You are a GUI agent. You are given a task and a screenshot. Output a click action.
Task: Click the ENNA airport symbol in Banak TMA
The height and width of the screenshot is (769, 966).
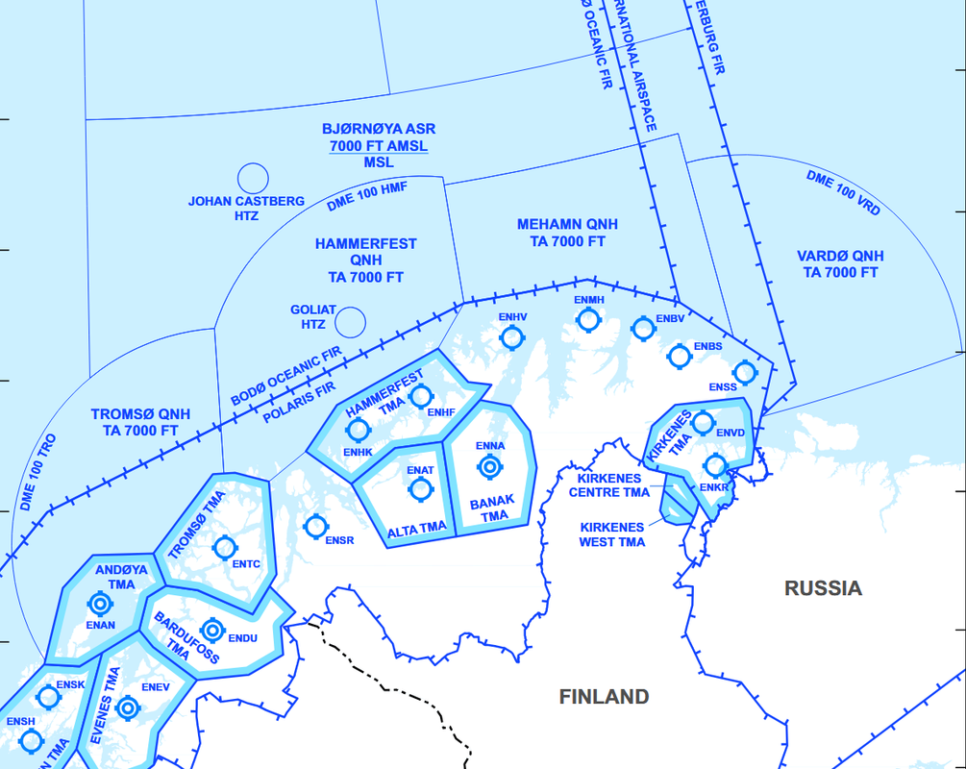(490, 467)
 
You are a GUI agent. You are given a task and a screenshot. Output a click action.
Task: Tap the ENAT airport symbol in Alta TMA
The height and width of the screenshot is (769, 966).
(420, 489)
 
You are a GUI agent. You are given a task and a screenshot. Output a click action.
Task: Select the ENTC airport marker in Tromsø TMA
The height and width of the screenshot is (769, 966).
(225, 547)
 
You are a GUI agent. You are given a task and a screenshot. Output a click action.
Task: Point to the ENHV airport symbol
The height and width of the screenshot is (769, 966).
(512, 336)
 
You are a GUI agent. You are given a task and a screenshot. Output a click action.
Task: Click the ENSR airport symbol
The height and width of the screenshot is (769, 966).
(315, 527)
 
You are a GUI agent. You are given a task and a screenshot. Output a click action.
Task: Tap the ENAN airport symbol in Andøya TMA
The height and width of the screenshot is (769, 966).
(100, 604)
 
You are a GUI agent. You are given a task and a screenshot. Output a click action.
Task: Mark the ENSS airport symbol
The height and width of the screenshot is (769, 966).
(744, 372)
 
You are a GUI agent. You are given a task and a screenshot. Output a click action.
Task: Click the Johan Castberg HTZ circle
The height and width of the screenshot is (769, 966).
(252, 178)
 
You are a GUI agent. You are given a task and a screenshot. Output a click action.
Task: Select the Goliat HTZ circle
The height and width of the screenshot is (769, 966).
(351, 322)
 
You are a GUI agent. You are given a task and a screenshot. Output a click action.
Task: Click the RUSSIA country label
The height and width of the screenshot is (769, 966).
(823, 588)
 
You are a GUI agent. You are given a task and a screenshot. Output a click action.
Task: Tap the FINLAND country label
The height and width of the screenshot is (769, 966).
(604, 697)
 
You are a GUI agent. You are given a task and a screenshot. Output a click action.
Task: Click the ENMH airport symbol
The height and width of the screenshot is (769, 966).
(589, 320)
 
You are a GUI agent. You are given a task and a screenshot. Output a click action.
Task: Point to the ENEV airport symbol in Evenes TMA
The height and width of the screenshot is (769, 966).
(126, 708)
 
